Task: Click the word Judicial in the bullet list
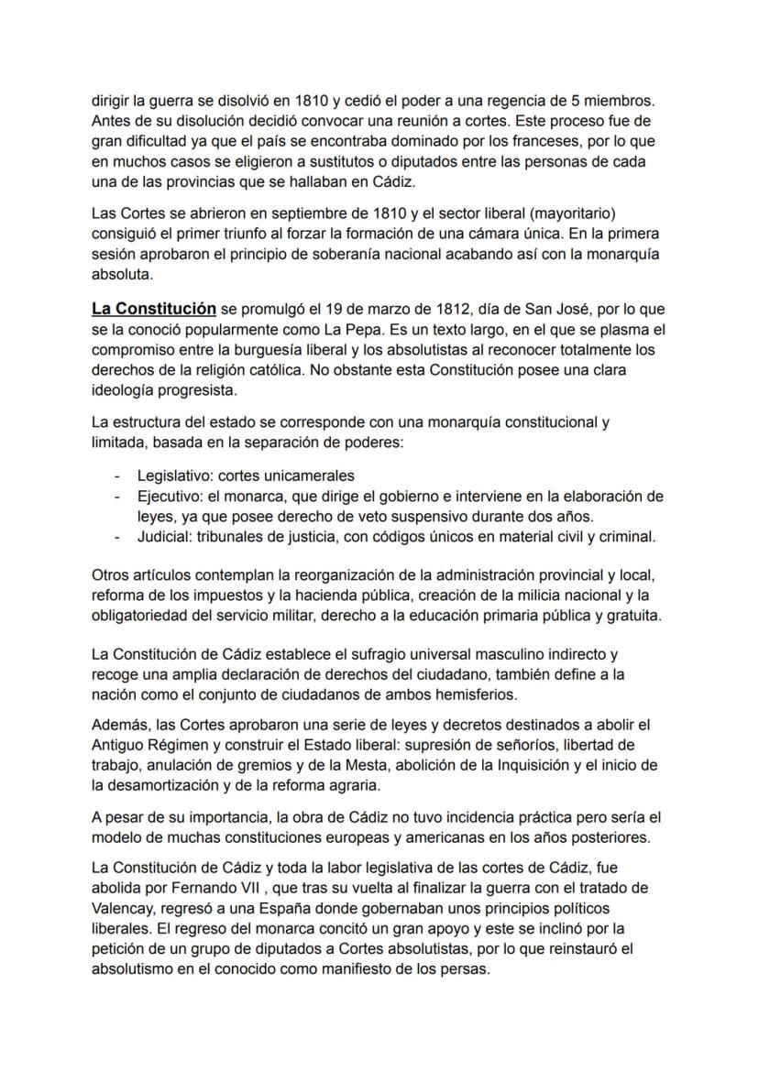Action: (x=162, y=537)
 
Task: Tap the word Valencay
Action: (x=126, y=907)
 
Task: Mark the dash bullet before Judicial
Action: (x=116, y=537)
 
